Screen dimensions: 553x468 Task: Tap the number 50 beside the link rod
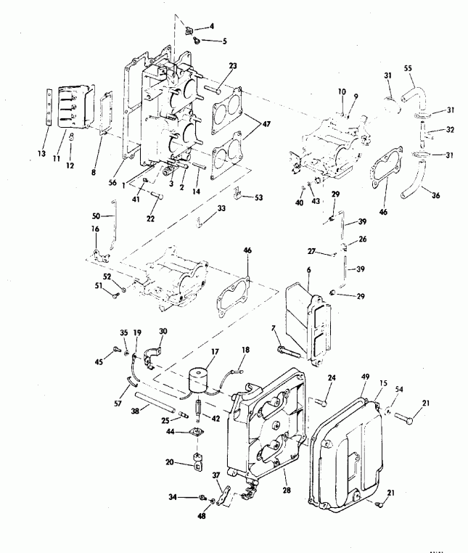tap(97, 216)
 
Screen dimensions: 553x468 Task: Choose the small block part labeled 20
tap(198, 462)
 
